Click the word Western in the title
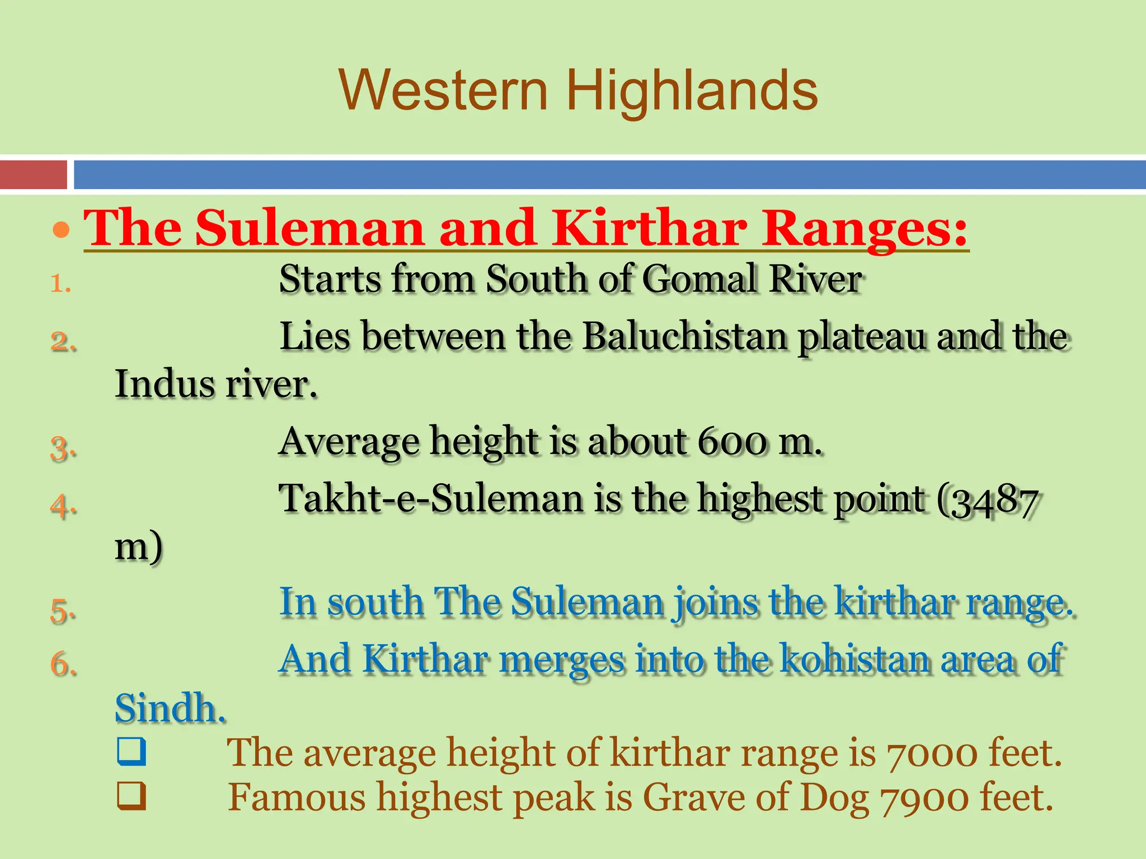(x=443, y=91)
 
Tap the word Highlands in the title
(x=692, y=91)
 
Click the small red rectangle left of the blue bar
(x=34, y=174)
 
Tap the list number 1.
(x=60, y=284)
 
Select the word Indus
(x=165, y=385)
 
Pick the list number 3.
(x=62, y=449)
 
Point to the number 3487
(x=994, y=502)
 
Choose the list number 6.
(x=62, y=664)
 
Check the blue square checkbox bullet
(x=131, y=752)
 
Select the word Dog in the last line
(x=835, y=797)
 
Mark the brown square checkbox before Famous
(x=131, y=796)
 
